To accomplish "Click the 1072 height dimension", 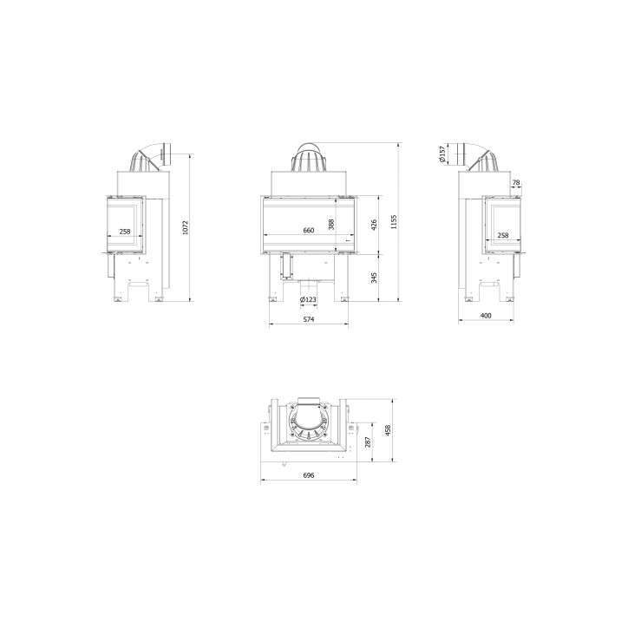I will pos(186,227).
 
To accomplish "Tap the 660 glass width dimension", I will pos(308,231).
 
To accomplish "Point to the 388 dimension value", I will pos(331,225).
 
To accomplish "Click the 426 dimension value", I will pos(374,225).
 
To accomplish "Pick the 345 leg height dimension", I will pos(374,278).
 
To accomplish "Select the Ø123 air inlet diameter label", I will pos(308,300).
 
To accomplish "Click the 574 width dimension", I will pos(308,320).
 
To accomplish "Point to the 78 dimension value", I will pos(517,183).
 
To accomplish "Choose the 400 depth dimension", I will pos(486,316).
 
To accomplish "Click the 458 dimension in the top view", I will pos(389,429).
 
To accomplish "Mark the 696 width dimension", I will pos(308,476).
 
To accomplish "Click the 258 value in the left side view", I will pos(125,232).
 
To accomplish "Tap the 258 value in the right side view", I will pos(503,235).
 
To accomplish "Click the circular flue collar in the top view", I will pos(309,425).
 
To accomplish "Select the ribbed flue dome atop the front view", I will pos(308,158).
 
